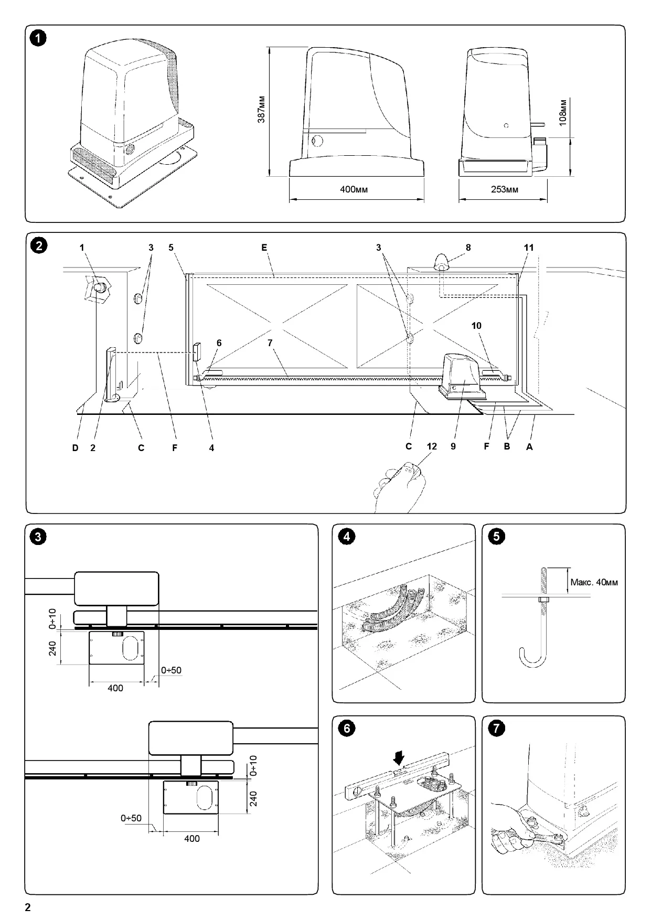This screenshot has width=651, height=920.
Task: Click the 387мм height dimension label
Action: (261, 110)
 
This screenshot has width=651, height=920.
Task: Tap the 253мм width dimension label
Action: (504, 189)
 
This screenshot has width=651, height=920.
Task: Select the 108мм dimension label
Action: (562, 112)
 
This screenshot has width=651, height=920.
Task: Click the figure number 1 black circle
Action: (38, 38)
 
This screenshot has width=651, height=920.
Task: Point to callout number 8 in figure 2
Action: (468, 248)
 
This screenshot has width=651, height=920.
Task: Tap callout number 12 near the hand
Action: (432, 447)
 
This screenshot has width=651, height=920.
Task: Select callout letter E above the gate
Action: (264, 248)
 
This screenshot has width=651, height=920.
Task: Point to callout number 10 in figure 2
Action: (476, 326)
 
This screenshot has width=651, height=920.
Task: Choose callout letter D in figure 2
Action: (76, 448)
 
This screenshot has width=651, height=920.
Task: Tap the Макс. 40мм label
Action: (594, 582)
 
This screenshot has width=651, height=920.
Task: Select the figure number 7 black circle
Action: (496, 729)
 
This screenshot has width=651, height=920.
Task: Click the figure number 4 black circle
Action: (346, 537)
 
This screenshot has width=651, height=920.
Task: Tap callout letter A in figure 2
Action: (529, 447)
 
